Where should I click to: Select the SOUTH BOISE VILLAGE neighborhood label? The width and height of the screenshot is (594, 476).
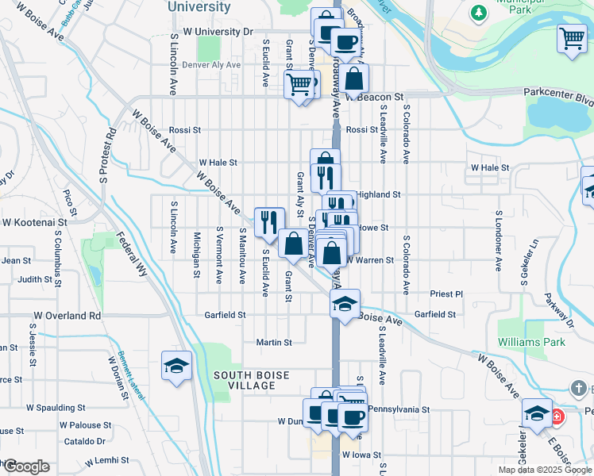click(244, 380)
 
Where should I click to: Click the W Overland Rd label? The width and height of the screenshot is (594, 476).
click(67, 316)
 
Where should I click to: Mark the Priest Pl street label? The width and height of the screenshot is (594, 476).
click(446, 294)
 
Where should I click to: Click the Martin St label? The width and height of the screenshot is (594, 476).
click(274, 343)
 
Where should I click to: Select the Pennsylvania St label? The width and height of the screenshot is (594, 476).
click(397, 410)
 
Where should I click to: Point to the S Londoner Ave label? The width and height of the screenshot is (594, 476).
click(499, 240)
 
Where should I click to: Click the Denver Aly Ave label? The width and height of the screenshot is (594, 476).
click(211, 65)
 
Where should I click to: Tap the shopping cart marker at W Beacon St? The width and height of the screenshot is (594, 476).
click(299, 83)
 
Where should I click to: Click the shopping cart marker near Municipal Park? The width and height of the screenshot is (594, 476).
click(571, 37)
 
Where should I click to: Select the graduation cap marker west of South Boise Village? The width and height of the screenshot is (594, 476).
click(176, 365)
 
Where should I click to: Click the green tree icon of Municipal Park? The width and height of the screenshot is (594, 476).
click(479, 12)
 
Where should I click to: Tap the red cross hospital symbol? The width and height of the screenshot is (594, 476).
click(557, 416)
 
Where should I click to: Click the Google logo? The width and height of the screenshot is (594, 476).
click(26, 466)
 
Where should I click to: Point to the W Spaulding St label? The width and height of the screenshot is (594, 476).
click(55, 408)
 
